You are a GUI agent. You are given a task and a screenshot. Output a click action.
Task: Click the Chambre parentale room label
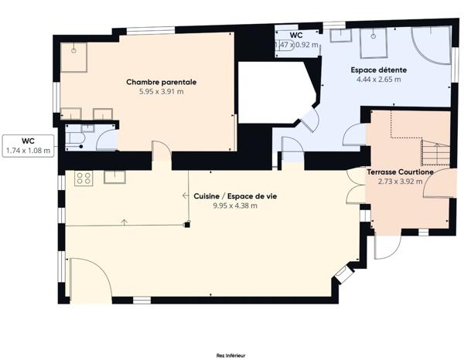click(162, 82)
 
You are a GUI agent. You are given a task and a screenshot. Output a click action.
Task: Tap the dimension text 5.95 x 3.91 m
click(162, 92)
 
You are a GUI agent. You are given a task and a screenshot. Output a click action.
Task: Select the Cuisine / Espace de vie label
click(235, 196)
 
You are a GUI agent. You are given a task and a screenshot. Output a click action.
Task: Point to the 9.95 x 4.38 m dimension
click(235, 205)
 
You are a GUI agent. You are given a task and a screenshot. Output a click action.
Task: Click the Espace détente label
click(379, 70)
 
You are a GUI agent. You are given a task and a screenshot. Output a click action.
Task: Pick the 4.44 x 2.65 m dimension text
click(379, 80)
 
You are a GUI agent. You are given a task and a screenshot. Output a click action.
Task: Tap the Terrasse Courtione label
click(401, 172)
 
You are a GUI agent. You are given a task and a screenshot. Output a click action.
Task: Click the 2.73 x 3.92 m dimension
click(401, 182)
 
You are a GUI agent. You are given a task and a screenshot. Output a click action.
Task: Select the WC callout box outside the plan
click(29, 146)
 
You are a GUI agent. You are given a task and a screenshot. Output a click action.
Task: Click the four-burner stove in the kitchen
click(84, 178)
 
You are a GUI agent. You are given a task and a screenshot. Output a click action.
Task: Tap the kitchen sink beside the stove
click(114, 177)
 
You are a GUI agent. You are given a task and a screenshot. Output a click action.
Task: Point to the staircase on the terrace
click(435, 153)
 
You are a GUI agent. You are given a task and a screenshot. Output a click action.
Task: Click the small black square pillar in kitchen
click(187, 225)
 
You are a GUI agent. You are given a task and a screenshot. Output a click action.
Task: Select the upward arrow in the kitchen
click(125, 222)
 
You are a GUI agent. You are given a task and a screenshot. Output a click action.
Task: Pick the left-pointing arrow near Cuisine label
click(186, 195)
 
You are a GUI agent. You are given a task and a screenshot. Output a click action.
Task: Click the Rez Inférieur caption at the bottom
click(230, 355)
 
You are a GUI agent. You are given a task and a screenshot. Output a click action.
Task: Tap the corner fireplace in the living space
click(344, 273)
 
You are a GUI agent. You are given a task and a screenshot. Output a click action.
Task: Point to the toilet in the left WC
click(75, 138)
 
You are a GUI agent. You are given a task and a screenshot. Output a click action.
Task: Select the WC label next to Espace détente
click(296, 36)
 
